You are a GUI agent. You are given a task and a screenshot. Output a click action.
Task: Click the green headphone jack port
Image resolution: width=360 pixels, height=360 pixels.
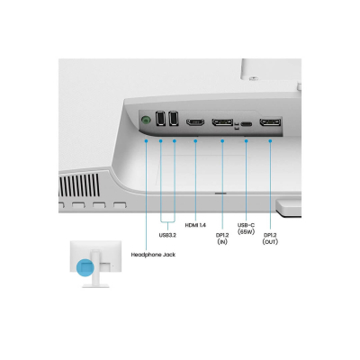point(146,121)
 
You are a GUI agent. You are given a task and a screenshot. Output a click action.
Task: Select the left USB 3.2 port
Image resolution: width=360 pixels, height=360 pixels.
point(160,119)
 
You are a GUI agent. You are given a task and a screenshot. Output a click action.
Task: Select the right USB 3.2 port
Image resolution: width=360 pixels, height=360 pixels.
point(174,119)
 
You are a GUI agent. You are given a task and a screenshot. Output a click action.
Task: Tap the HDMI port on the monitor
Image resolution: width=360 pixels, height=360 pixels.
point(195,122)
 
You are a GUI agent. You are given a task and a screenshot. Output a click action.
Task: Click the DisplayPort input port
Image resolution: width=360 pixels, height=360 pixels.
point(222,122)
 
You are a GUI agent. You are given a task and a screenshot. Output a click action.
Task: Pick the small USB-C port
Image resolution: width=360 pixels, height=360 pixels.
point(247,123)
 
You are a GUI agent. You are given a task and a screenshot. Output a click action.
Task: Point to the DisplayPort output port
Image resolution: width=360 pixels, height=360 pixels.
point(270,122)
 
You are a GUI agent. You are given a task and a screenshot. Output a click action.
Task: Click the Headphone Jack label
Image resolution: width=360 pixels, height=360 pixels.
point(153,255)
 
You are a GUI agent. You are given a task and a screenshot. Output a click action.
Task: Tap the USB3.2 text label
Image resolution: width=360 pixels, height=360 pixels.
point(167,235)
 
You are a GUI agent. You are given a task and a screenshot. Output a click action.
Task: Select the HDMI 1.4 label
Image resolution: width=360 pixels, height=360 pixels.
point(195,225)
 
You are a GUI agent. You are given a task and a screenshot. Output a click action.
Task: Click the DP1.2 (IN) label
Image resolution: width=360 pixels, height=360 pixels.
point(222,238)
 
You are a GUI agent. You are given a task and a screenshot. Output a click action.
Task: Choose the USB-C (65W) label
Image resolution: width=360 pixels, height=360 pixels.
point(246,229)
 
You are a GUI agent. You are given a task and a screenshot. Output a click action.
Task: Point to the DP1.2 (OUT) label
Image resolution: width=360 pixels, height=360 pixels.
point(270,238)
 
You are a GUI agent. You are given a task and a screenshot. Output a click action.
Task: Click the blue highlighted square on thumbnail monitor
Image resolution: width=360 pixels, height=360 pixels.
point(85,267)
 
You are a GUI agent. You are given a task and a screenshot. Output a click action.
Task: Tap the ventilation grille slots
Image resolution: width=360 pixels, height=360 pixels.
point(79,184)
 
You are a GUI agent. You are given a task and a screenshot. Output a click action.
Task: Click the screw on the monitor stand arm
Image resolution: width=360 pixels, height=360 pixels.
point(254,78)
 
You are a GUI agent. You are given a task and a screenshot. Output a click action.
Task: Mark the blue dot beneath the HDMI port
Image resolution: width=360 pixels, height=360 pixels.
point(195,141)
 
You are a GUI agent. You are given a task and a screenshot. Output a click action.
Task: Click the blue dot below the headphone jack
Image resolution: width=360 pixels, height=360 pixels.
point(146,140)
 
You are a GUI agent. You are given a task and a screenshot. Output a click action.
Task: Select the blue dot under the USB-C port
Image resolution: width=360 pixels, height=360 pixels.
point(247,141)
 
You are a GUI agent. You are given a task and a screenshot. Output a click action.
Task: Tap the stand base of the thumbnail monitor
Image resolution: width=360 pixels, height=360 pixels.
point(95,286)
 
